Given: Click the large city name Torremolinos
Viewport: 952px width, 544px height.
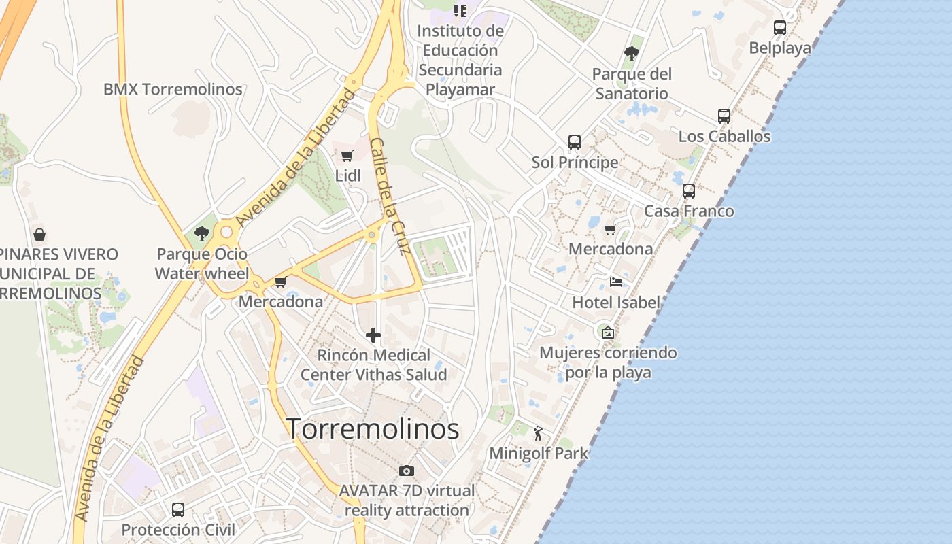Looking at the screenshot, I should [372, 429].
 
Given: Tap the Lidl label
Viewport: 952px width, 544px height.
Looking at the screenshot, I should [347, 175].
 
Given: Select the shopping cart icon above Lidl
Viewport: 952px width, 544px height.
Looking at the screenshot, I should [347, 156].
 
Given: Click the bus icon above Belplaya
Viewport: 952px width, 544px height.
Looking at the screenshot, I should [780, 28].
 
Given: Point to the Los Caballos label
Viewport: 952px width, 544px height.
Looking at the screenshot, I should [724, 136].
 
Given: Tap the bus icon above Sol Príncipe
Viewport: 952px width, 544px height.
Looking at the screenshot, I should [575, 142].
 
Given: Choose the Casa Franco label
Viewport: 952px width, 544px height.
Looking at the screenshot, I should [689, 211].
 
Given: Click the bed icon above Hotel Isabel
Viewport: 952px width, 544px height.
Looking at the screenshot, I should [616, 282].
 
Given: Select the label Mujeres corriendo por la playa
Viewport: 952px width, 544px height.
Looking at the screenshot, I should [608, 362].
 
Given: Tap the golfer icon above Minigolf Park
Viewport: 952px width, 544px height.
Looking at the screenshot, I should [538, 433].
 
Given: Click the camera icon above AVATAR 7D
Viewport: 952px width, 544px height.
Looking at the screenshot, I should [407, 471].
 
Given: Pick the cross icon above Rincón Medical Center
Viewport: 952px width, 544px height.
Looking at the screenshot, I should [373, 335].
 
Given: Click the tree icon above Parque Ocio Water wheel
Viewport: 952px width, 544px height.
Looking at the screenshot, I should [201, 234].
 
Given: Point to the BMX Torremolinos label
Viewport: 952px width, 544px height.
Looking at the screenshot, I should [173, 89].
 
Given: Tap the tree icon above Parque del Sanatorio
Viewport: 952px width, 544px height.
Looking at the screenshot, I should [632, 53].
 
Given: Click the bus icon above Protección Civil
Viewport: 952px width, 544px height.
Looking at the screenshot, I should [178, 509].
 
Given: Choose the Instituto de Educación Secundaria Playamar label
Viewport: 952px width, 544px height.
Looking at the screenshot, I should [460, 60].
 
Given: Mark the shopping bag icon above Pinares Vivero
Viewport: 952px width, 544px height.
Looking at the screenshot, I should [39, 235].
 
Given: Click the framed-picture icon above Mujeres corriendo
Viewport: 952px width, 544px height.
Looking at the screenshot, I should [608, 333].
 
